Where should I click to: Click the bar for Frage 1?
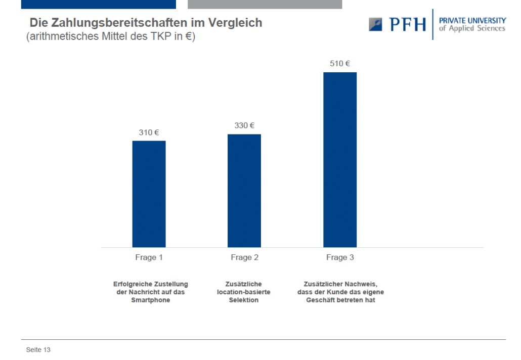pyautogui.click(x=149, y=194)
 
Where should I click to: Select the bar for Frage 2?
pyautogui.click(x=244, y=191)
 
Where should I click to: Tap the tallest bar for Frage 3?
pyautogui.click(x=340, y=160)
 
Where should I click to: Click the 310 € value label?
pyautogui.click(x=149, y=132)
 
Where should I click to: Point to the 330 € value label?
pyautogui.click(x=244, y=125)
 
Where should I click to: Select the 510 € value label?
pyautogui.click(x=340, y=63)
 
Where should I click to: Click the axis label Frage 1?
pyautogui.click(x=149, y=257)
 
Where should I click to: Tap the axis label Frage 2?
pyautogui.click(x=244, y=257)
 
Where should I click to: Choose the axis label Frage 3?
pyautogui.click(x=340, y=257)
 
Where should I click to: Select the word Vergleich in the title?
pyautogui.click(x=235, y=23)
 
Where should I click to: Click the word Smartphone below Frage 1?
pyautogui.click(x=151, y=300)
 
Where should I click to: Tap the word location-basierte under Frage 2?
pyautogui.click(x=243, y=292)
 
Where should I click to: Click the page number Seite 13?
pyautogui.click(x=38, y=350)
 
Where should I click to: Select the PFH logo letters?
pyautogui.click(x=407, y=24)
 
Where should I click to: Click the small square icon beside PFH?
pyautogui.click(x=375, y=25)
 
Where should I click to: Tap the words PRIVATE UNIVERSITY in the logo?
pyautogui.click(x=472, y=21)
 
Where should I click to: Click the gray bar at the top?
pyautogui.click(x=265, y=5)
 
